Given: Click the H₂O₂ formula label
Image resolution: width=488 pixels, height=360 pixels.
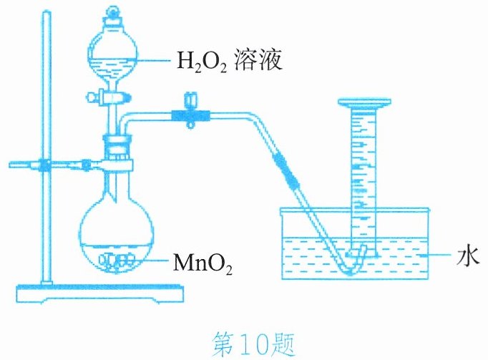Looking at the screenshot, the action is (201, 62).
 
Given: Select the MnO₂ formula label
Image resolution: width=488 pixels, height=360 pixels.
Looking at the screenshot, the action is (202, 264).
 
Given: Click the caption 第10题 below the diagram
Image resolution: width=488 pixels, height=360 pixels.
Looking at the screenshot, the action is (253, 344).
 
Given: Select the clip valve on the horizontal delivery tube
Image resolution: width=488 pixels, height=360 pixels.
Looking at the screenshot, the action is (190, 111).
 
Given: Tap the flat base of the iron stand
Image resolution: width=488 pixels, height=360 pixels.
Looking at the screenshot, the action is (100, 293).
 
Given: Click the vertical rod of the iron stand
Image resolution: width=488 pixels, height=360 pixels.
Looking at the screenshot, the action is (47, 147).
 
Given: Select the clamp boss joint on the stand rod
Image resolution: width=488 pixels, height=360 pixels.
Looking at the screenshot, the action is (46, 164).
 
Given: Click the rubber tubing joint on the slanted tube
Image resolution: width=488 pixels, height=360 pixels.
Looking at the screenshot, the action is (286, 170).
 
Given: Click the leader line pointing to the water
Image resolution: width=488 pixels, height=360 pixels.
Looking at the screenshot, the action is (434, 256).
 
